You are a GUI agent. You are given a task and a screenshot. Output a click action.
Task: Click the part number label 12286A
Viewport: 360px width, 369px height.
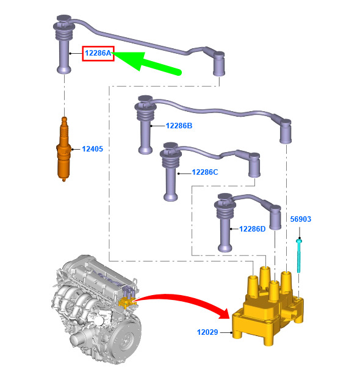pyautogui.click(x=98, y=53)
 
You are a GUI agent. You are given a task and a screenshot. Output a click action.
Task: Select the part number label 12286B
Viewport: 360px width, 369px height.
pyautogui.click(x=179, y=126)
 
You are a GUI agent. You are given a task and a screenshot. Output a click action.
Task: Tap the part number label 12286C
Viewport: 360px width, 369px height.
pyautogui.click(x=205, y=172)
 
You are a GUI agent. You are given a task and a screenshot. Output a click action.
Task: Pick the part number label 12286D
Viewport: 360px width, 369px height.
pyautogui.click(x=252, y=228)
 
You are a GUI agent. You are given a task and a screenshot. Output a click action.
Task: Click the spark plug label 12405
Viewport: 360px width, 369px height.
pyautogui.click(x=92, y=148)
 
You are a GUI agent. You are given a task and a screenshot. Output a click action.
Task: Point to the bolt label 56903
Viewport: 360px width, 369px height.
pyautogui.click(x=301, y=219)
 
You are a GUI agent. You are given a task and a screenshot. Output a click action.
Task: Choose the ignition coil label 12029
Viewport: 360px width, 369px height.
pyautogui.click(x=207, y=332)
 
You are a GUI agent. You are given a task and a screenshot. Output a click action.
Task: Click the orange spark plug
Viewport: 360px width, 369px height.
pyautogui.click(x=63, y=149)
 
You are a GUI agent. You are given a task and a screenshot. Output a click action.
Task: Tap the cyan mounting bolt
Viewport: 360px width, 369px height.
pyautogui.click(x=299, y=255)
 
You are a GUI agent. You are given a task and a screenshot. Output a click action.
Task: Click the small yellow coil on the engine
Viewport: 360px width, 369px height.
pyautogui.click(x=127, y=302)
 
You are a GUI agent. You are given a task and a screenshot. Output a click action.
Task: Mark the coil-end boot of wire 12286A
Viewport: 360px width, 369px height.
pyautogui.click(x=219, y=64)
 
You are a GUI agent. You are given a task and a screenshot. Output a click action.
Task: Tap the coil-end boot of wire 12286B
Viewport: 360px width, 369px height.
pyautogui.click(x=286, y=131)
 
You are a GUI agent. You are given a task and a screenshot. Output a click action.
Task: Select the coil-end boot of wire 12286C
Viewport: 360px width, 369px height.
pyautogui.click(x=254, y=165)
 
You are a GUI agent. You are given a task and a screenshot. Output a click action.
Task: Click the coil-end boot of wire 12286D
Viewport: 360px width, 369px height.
pyautogui.click(x=275, y=217)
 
